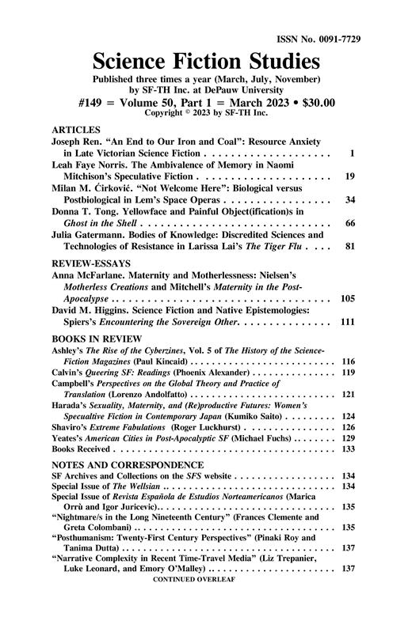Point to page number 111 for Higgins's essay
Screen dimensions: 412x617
click(x=346, y=323)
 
